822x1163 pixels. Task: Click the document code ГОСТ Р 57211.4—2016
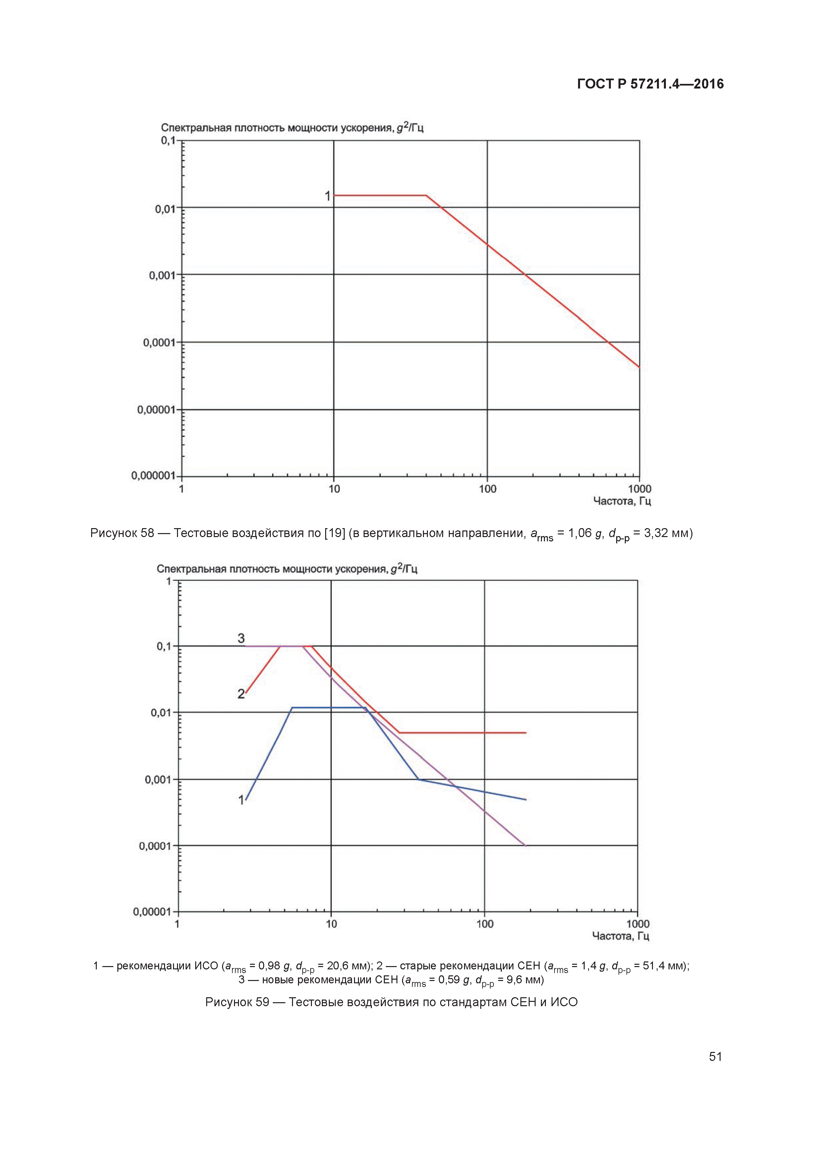click(650, 84)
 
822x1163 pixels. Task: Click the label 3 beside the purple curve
click(241, 638)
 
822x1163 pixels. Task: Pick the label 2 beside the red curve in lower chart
click(241, 694)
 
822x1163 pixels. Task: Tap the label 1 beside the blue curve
click(241, 800)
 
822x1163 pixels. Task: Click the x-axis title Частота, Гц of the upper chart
click(621, 502)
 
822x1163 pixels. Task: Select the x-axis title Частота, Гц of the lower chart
click(620, 936)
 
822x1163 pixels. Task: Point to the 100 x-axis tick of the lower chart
click(485, 924)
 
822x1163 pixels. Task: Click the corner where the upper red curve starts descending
click(426, 196)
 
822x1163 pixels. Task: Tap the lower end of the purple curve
click(526, 845)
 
